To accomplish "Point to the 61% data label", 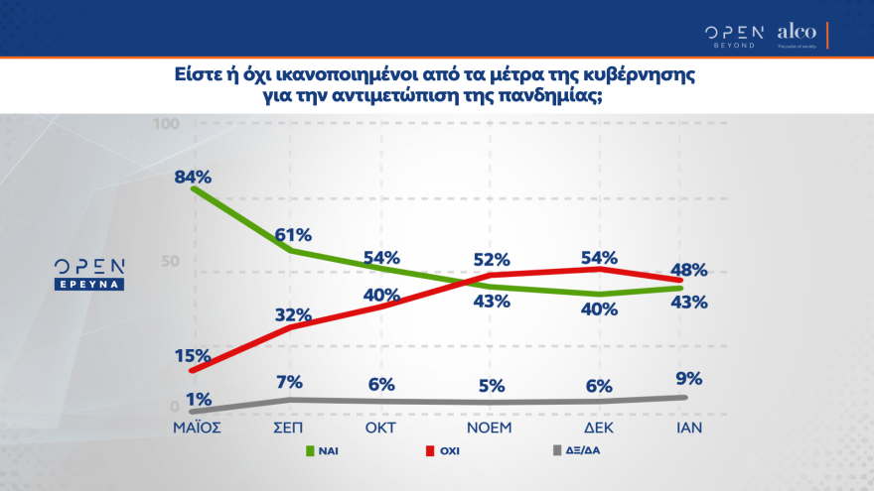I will [x=292, y=234].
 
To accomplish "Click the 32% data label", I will [x=293, y=315].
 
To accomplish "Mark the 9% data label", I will [x=688, y=377].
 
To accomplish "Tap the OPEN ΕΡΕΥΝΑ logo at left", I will [x=89, y=274].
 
